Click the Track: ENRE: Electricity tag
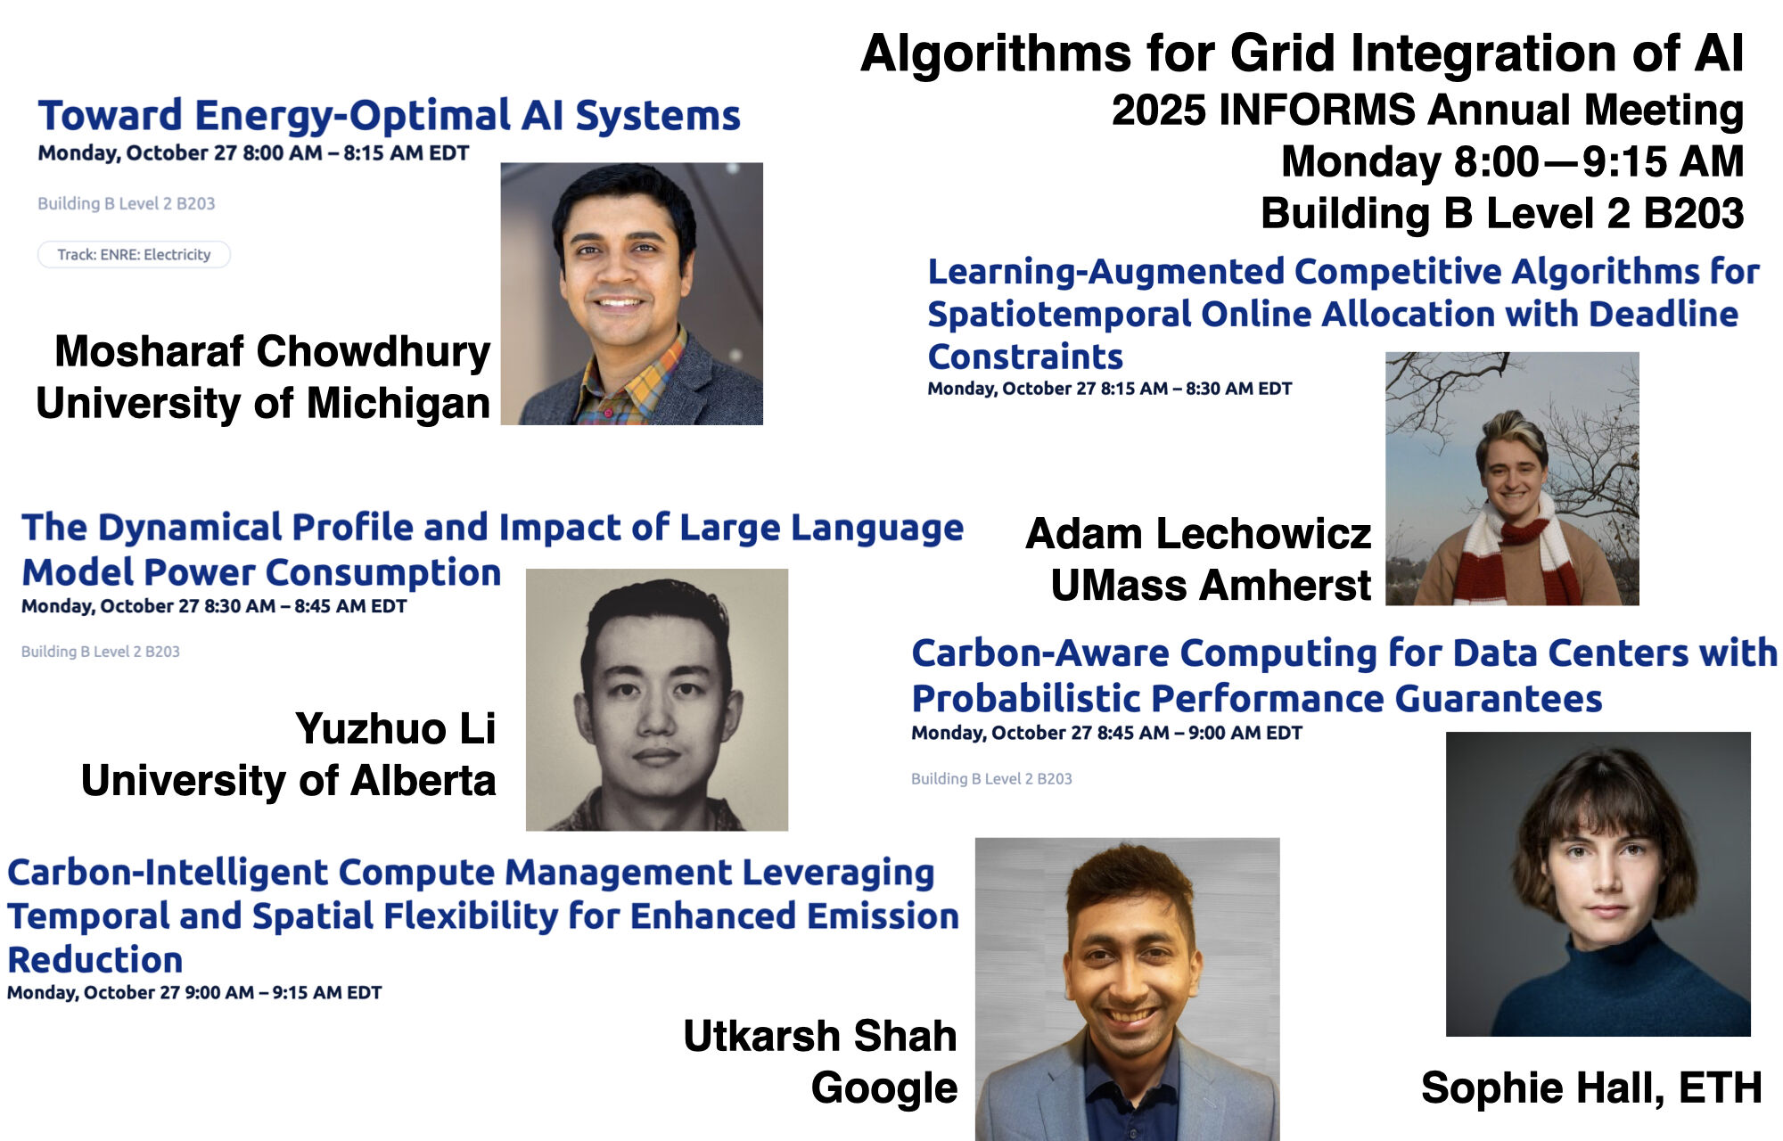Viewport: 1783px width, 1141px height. (134, 255)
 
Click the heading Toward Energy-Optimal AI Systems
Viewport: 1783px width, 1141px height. (389, 116)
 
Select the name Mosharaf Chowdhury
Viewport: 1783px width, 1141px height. (272, 351)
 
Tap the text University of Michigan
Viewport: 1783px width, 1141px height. (263, 403)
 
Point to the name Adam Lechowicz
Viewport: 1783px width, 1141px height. (1198, 534)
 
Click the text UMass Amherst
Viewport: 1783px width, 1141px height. (1211, 586)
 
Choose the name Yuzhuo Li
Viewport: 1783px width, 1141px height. (395, 728)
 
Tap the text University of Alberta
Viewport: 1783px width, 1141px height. (288, 780)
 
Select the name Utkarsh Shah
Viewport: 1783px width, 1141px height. (820, 1036)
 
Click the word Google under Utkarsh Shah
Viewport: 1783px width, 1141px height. (884, 1088)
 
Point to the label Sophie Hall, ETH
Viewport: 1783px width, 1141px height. (1591, 1088)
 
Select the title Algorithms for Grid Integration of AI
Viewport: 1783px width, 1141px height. (1302, 53)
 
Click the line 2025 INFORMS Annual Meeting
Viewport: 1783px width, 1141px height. (1427, 111)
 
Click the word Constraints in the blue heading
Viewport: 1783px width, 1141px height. (1025, 357)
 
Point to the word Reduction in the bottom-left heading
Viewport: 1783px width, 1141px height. (95, 960)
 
